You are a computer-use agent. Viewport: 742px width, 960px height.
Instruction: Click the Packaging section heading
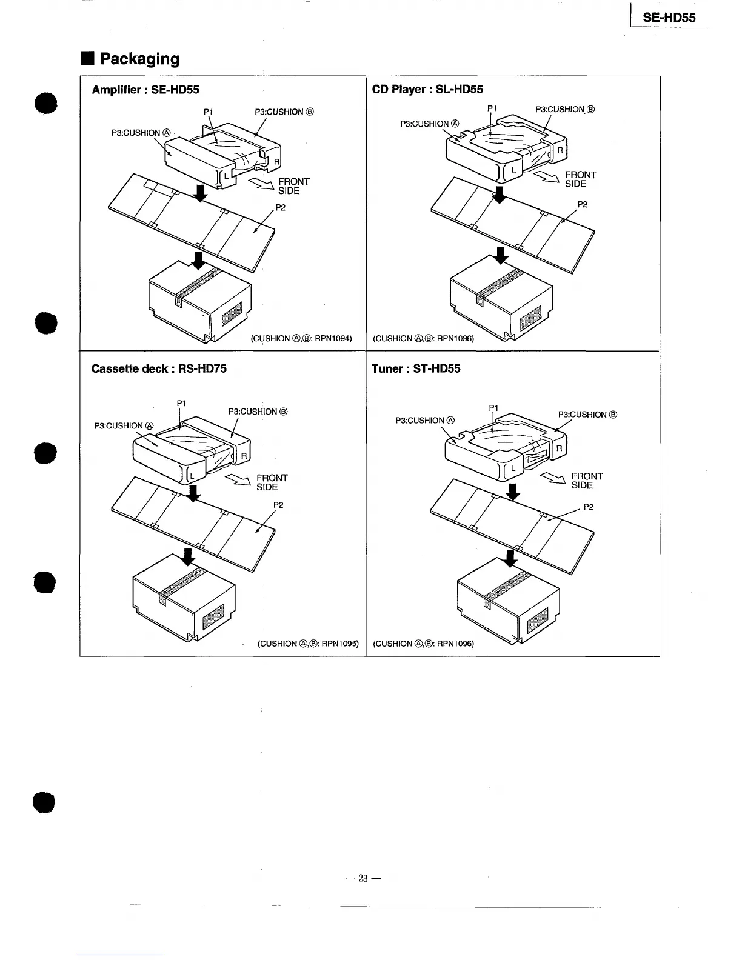point(139,59)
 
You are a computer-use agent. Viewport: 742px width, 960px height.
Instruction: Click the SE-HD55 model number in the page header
point(669,18)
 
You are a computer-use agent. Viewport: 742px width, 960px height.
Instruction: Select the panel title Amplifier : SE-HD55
point(145,90)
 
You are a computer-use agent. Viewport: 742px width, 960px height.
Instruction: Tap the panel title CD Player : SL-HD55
point(427,90)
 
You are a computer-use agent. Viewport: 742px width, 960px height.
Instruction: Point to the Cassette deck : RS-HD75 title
point(159,368)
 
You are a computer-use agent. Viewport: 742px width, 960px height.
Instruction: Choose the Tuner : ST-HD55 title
point(416,368)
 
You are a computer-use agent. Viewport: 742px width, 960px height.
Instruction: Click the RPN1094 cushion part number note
point(301,338)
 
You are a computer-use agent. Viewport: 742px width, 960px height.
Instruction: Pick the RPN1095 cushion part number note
point(309,643)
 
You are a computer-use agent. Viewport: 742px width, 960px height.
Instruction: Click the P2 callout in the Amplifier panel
point(281,208)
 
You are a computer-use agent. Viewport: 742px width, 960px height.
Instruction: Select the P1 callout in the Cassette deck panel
point(181,403)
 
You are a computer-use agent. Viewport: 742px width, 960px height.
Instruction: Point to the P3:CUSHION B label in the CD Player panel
point(565,110)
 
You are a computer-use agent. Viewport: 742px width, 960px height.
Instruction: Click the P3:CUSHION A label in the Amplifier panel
point(142,133)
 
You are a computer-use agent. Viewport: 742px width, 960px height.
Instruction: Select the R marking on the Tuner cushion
point(560,448)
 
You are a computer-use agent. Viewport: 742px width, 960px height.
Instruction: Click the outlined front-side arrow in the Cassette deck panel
point(238,481)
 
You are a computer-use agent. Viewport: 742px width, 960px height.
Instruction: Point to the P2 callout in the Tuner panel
point(588,507)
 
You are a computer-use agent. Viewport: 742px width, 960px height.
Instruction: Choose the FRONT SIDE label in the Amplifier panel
point(293,186)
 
